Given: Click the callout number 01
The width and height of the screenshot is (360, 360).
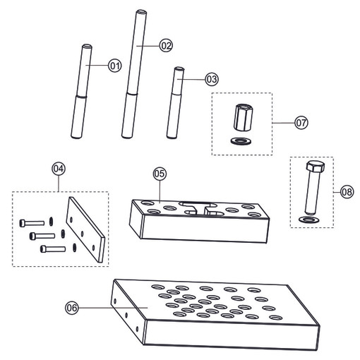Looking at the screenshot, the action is pyautogui.click(x=115, y=66).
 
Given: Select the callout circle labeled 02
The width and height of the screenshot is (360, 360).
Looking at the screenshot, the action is pyautogui.click(x=166, y=45).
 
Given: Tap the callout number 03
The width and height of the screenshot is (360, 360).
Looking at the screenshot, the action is pyautogui.click(x=212, y=79).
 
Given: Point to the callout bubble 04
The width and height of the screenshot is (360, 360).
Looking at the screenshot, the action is pyautogui.click(x=59, y=169).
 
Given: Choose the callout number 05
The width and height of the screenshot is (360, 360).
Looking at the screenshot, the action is pyautogui.click(x=160, y=174).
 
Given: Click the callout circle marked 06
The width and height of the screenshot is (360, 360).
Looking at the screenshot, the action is pyautogui.click(x=72, y=308).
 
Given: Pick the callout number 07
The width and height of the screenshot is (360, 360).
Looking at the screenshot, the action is pyautogui.click(x=301, y=123).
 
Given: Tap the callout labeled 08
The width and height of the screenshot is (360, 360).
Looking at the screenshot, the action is pyautogui.click(x=347, y=192).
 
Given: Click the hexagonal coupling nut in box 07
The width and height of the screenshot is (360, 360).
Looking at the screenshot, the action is pyautogui.click(x=243, y=117).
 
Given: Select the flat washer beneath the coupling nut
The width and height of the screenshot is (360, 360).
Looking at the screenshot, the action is pyautogui.click(x=241, y=141).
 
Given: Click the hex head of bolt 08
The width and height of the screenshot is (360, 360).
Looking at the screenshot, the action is pyautogui.click(x=316, y=166).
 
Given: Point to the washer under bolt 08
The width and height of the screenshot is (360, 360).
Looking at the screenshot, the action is pyautogui.click(x=309, y=220).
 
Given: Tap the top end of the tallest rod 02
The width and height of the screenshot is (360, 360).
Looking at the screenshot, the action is pyautogui.click(x=141, y=11).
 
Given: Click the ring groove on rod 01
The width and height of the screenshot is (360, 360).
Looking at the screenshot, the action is pyautogui.click(x=81, y=96).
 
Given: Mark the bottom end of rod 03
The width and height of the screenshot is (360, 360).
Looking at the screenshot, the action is pyautogui.click(x=172, y=136).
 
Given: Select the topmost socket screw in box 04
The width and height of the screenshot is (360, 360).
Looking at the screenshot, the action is pyautogui.click(x=32, y=223).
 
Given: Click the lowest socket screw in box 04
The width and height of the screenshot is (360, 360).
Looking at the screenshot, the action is pyautogui.click(x=53, y=249).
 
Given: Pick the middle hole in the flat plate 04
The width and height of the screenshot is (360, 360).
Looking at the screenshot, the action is pyautogui.click(x=82, y=234).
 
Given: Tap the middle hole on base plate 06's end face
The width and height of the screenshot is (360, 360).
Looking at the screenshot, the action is pyautogui.click(x=126, y=315).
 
